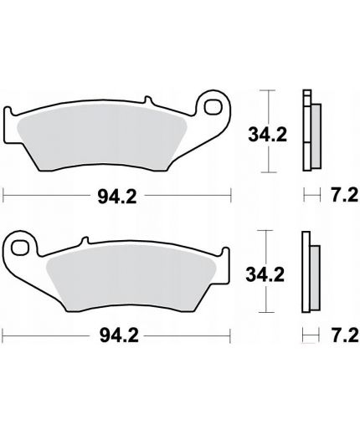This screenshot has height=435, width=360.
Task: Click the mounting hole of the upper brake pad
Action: pyautogui.click(x=213, y=107)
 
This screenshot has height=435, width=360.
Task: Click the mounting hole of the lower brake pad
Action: pyautogui.click(x=20, y=248)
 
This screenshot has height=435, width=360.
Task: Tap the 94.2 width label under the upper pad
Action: pyautogui.click(x=117, y=197)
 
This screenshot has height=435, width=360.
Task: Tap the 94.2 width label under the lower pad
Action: pyautogui.click(x=119, y=335)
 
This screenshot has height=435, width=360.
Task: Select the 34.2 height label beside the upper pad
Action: pyautogui.click(x=268, y=135)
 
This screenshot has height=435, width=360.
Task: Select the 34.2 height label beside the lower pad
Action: pyautogui.click(x=265, y=274)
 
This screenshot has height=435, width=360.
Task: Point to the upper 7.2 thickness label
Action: pyautogui.click(x=344, y=195)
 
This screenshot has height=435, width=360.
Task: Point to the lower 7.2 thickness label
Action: pyautogui.click(x=345, y=335)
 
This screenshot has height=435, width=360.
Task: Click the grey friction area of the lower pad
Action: pyautogui.click(x=131, y=277)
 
